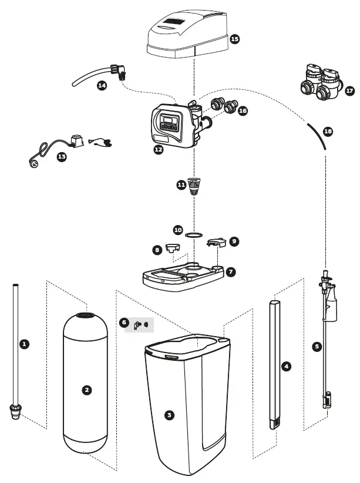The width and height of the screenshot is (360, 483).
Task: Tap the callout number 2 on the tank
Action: coord(87,390)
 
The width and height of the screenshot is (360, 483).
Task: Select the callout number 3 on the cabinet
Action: coord(169,415)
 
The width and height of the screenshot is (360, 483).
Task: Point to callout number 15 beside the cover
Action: coord(234,39)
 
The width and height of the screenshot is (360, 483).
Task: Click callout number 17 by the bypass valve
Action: coord(350,91)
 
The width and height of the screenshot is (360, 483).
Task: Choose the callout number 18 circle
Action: coord(328,132)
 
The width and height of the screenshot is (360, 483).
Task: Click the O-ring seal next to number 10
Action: coord(191,235)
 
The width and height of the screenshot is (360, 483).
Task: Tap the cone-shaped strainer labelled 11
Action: coord(194,187)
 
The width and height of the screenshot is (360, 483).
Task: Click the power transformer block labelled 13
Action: coord(75,142)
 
